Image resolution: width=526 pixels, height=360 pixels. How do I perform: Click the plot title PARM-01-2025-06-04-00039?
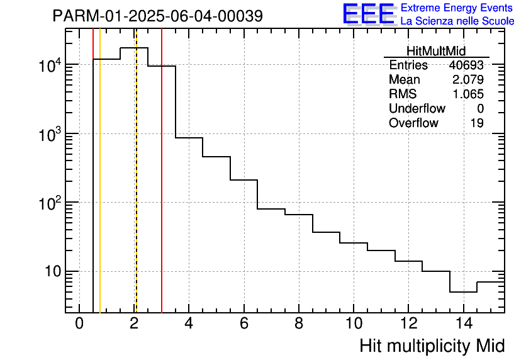(157, 16)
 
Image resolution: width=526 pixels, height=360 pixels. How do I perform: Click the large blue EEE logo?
(368, 14)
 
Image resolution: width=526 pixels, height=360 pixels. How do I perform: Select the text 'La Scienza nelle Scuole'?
(457, 21)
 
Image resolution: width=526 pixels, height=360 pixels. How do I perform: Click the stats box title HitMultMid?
(436, 52)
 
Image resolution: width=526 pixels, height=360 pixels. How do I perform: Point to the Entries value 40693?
(466, 65)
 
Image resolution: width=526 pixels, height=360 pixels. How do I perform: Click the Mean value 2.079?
(468, 80)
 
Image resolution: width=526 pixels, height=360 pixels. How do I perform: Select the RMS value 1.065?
(468, 94)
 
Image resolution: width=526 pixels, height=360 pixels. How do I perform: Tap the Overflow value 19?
(477, 123)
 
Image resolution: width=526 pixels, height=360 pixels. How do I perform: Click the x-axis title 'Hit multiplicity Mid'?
(432, 346)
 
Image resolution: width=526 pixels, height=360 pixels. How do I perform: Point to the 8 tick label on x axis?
(299, 323)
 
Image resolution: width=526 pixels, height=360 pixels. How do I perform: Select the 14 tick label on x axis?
(463, 323)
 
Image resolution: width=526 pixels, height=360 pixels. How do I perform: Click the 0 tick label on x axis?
(79, 323)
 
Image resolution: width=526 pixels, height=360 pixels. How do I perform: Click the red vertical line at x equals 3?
(162, 189)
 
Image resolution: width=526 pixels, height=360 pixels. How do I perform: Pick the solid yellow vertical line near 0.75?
(100, 189)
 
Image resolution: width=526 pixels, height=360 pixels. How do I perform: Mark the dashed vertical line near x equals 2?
(136, 189)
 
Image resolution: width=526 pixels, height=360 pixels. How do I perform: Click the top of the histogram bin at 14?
(463, 292)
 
